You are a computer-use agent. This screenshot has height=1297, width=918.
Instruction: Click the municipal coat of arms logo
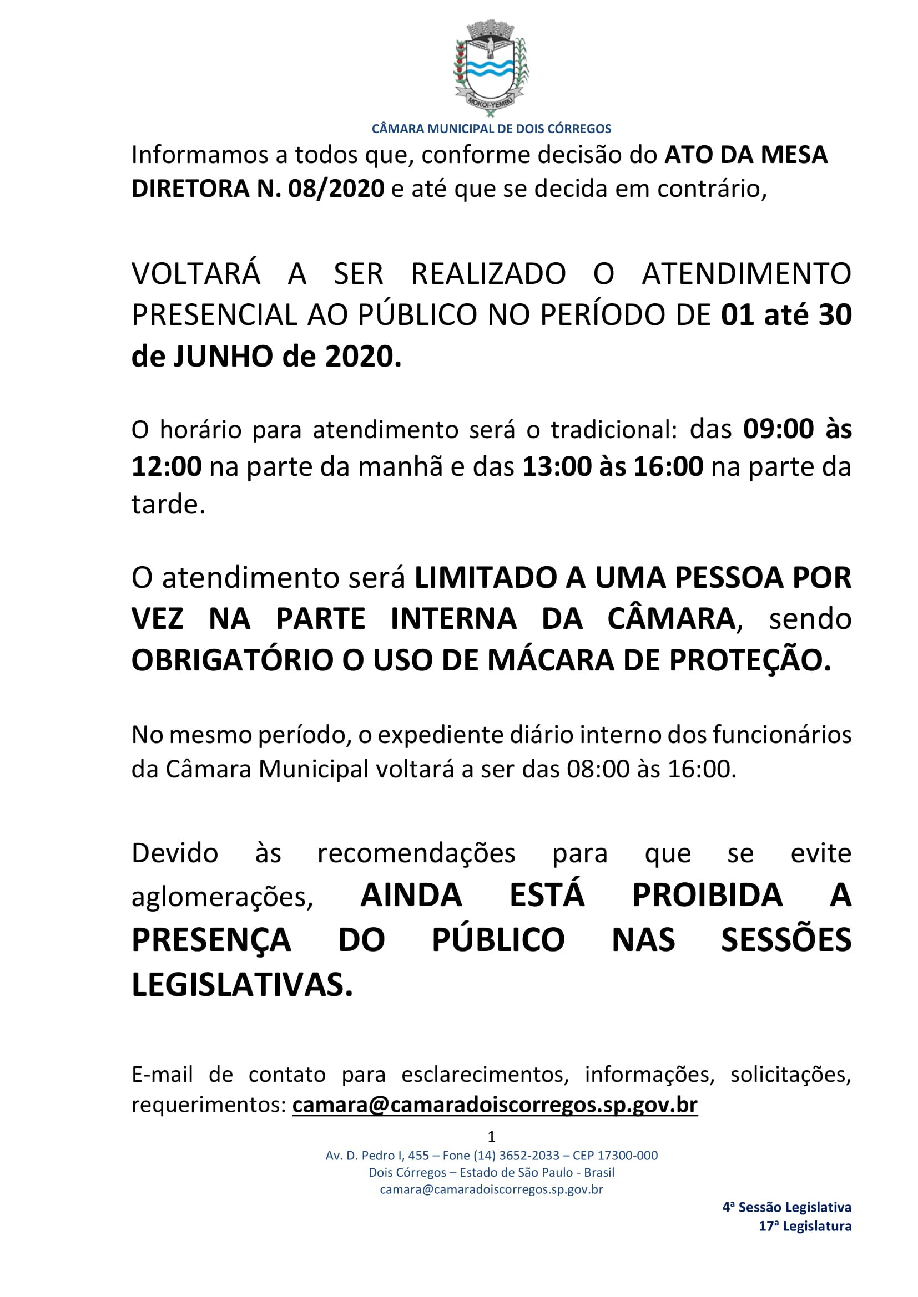[491, 68]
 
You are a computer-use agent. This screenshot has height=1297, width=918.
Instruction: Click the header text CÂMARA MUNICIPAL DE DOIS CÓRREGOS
[491, 129]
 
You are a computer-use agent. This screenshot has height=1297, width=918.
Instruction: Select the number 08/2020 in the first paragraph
[336, 189]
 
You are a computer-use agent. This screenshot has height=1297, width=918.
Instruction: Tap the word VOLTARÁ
[195, 274]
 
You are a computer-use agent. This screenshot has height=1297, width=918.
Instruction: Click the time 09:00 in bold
[778, 429]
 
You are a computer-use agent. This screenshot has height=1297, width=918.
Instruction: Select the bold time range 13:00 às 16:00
[612, 466]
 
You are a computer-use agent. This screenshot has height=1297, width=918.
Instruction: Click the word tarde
[167, 504]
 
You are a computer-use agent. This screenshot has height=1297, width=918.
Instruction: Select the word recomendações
[416, 853]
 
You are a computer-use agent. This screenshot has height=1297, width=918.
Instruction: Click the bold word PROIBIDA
[707, 896]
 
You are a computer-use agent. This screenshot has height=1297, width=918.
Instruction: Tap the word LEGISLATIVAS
[242, 985]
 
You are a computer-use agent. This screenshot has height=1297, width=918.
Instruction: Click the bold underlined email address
[495, 1105]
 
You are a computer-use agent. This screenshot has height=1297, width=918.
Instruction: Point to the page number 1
[491, 1136]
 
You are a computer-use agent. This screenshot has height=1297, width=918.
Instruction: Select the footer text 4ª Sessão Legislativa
[786, 1207]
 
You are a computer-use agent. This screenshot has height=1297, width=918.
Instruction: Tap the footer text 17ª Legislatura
[804, 1226]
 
